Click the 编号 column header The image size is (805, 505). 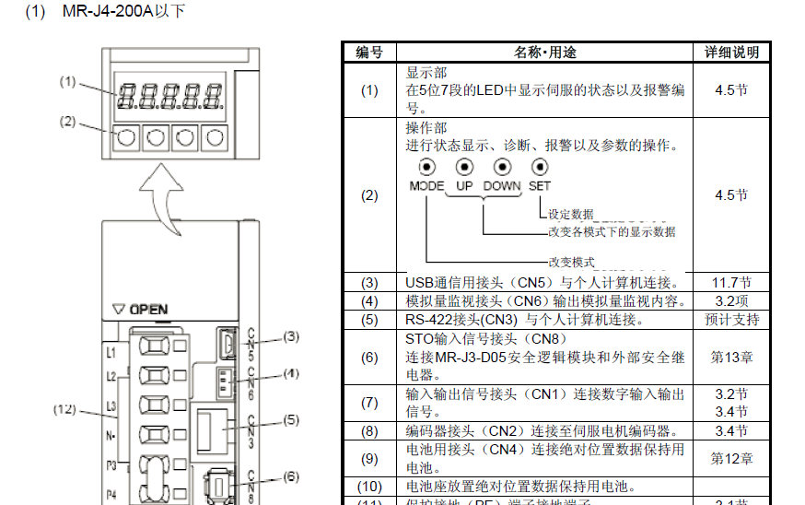point(369,53)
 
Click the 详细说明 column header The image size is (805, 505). point(732,53)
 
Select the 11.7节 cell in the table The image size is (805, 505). point(732,283)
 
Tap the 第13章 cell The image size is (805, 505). point(732,357)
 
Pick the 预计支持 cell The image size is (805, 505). point(732,320)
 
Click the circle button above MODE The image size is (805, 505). point(426,167)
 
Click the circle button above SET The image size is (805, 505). point(539,167)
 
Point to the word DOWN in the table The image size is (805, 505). point(502,185)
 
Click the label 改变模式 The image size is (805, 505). point(571,262)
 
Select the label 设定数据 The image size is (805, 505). point(571,214)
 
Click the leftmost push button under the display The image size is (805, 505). point(127,138)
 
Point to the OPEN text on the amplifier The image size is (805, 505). point(147,310)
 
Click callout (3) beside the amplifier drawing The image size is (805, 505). point(291,336)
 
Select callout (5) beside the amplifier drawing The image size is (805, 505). point(291,419)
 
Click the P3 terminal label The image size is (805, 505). point(111,465)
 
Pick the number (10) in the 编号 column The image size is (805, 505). point(369,486)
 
